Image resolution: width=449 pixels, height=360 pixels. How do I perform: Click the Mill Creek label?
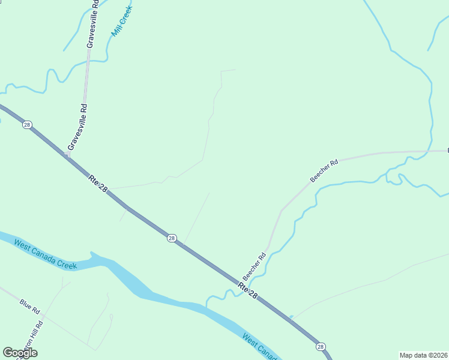[122, 22]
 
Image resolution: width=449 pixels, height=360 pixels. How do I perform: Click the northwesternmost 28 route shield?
[26, 124]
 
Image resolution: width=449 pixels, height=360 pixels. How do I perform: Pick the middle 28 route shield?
[172, 238]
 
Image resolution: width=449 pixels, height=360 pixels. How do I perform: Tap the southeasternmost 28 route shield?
[321, 346]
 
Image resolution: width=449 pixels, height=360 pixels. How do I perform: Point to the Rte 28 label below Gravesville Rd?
[98, 183]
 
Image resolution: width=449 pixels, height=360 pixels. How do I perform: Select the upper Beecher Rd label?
[324, 170]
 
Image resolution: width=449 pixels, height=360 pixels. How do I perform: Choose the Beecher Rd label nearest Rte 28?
[255, 266]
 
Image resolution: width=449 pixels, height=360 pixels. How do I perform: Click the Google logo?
[20, 353]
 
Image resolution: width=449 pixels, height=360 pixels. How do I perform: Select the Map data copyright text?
[423, 355]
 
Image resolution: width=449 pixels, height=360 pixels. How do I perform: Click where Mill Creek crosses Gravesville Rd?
[89, 60]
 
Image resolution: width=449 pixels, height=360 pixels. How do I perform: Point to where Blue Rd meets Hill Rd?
[44, 316]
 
